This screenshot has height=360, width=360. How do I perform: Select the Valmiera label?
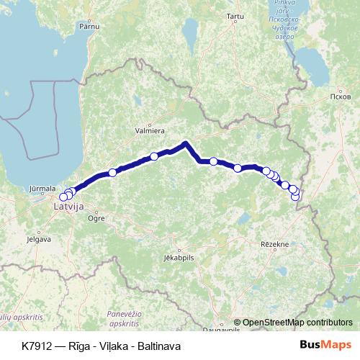point(150,131)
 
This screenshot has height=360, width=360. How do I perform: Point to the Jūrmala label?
point(41,189)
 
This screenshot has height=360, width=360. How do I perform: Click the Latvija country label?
point(69,207)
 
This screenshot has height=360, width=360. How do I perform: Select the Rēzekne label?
point(274,244)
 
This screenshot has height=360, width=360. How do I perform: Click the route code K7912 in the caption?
point(36,346)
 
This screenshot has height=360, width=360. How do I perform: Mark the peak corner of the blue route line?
point(186,143)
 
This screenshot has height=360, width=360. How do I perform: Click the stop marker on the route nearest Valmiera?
point(154,156)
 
